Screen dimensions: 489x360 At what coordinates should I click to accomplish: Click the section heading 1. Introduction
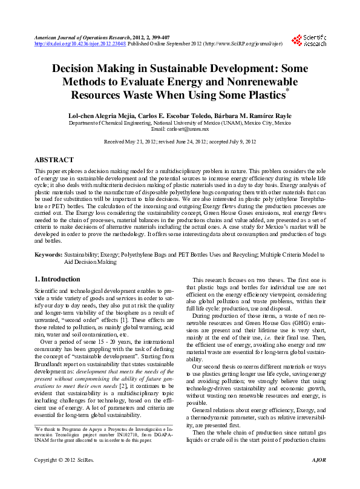coord(57,279)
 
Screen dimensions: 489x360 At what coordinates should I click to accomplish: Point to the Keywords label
coord(48,257)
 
